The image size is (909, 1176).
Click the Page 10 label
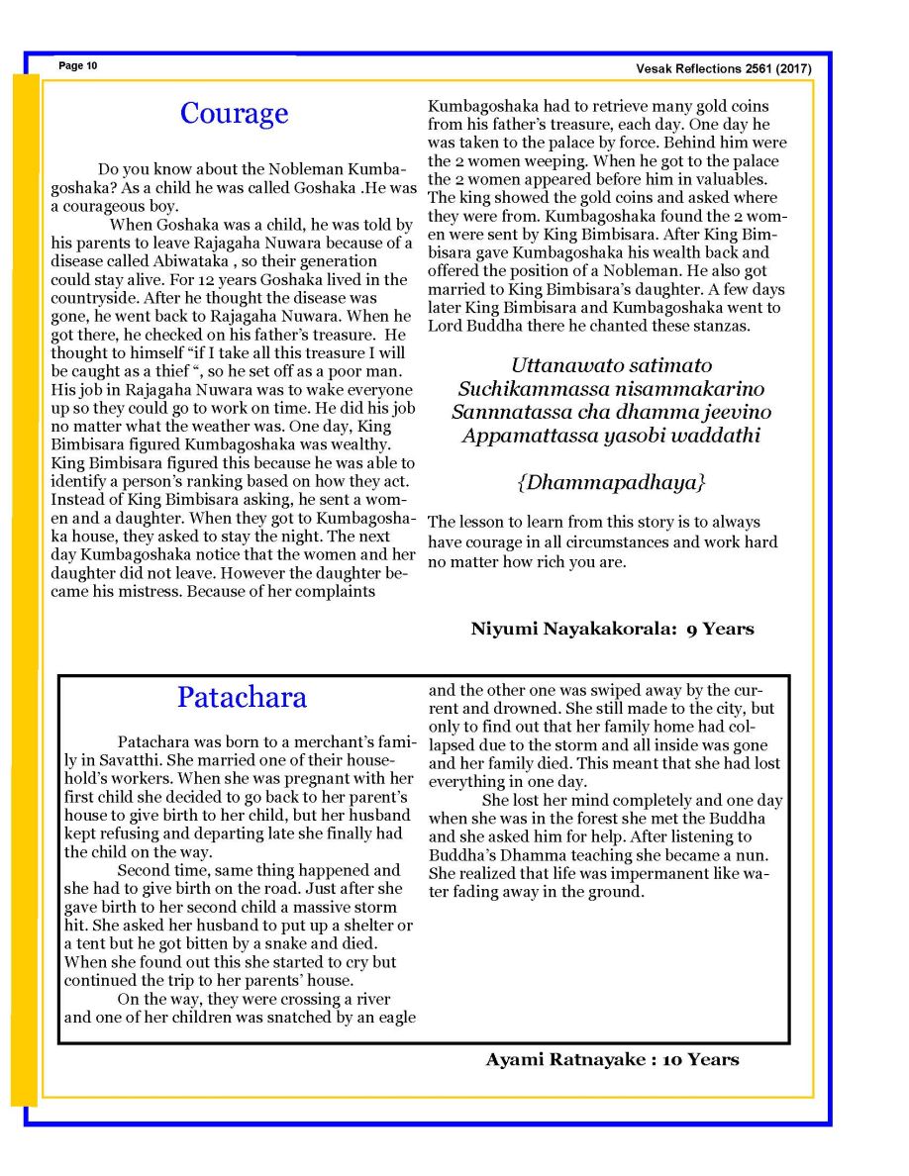(x=77, y=66)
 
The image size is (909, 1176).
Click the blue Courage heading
(x=234, y=113)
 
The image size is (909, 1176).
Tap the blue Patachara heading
(x=242, y=697)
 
